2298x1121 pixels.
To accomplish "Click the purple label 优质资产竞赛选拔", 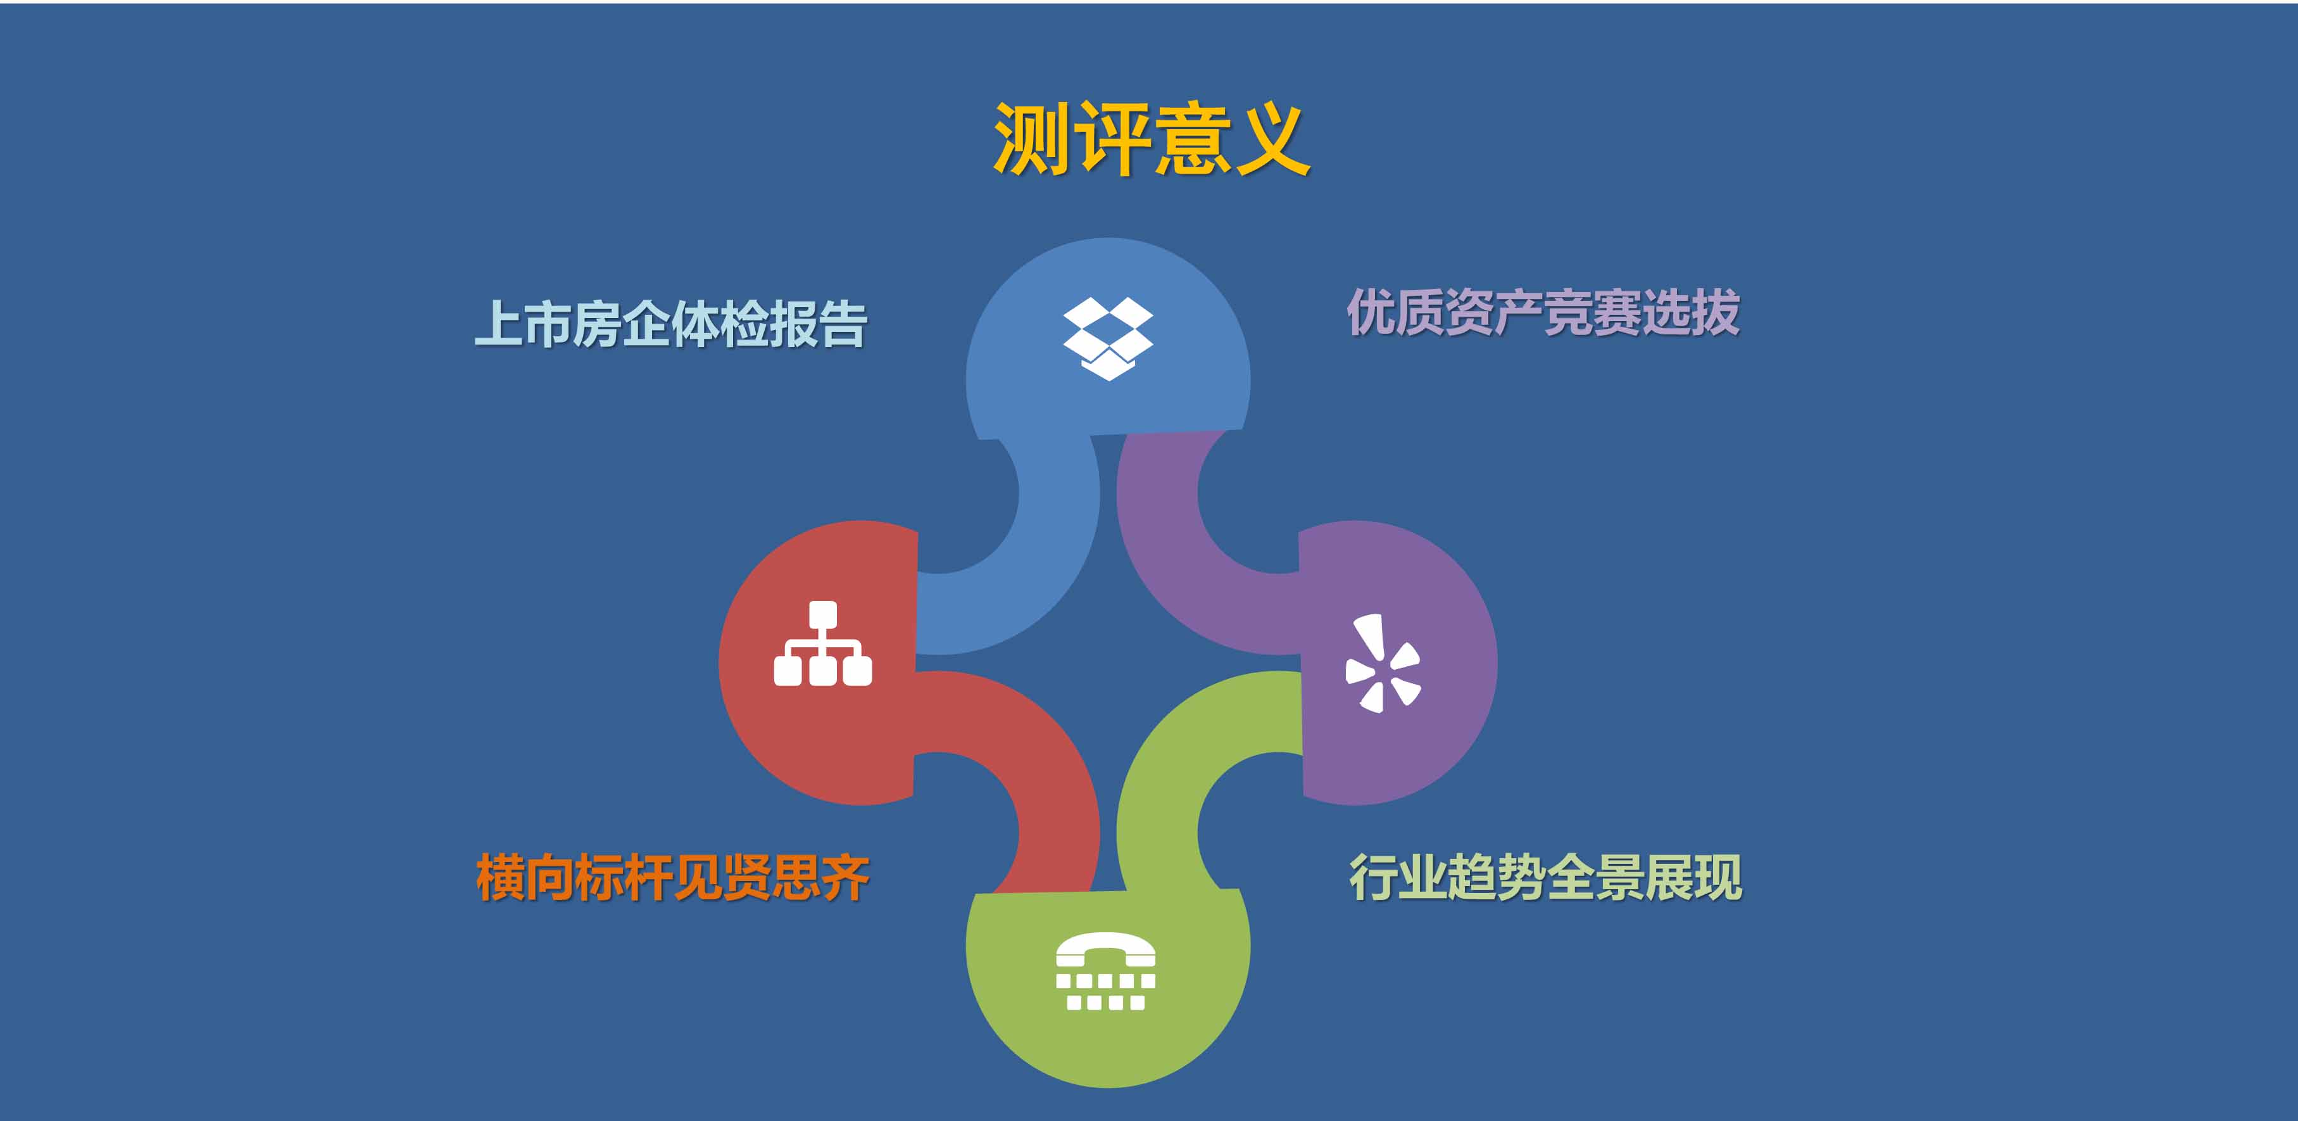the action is (1543, 312).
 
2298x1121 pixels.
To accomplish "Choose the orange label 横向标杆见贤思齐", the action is (674, 877).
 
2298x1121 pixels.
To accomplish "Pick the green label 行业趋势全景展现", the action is (1545, 877).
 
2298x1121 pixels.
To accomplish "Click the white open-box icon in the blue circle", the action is (1108, 338).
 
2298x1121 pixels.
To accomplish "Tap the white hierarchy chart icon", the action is (822, 643).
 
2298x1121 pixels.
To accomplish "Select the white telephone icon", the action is (1106, 971).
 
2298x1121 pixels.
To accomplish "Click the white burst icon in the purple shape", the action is (1383, 663).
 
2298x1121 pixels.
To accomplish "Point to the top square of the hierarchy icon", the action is (822, 614).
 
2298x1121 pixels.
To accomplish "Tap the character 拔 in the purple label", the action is (1716, 312).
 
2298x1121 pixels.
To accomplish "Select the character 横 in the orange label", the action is (501, 877).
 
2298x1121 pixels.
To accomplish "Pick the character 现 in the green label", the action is (1718, 877).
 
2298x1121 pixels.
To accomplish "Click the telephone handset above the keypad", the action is (1106, 949).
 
